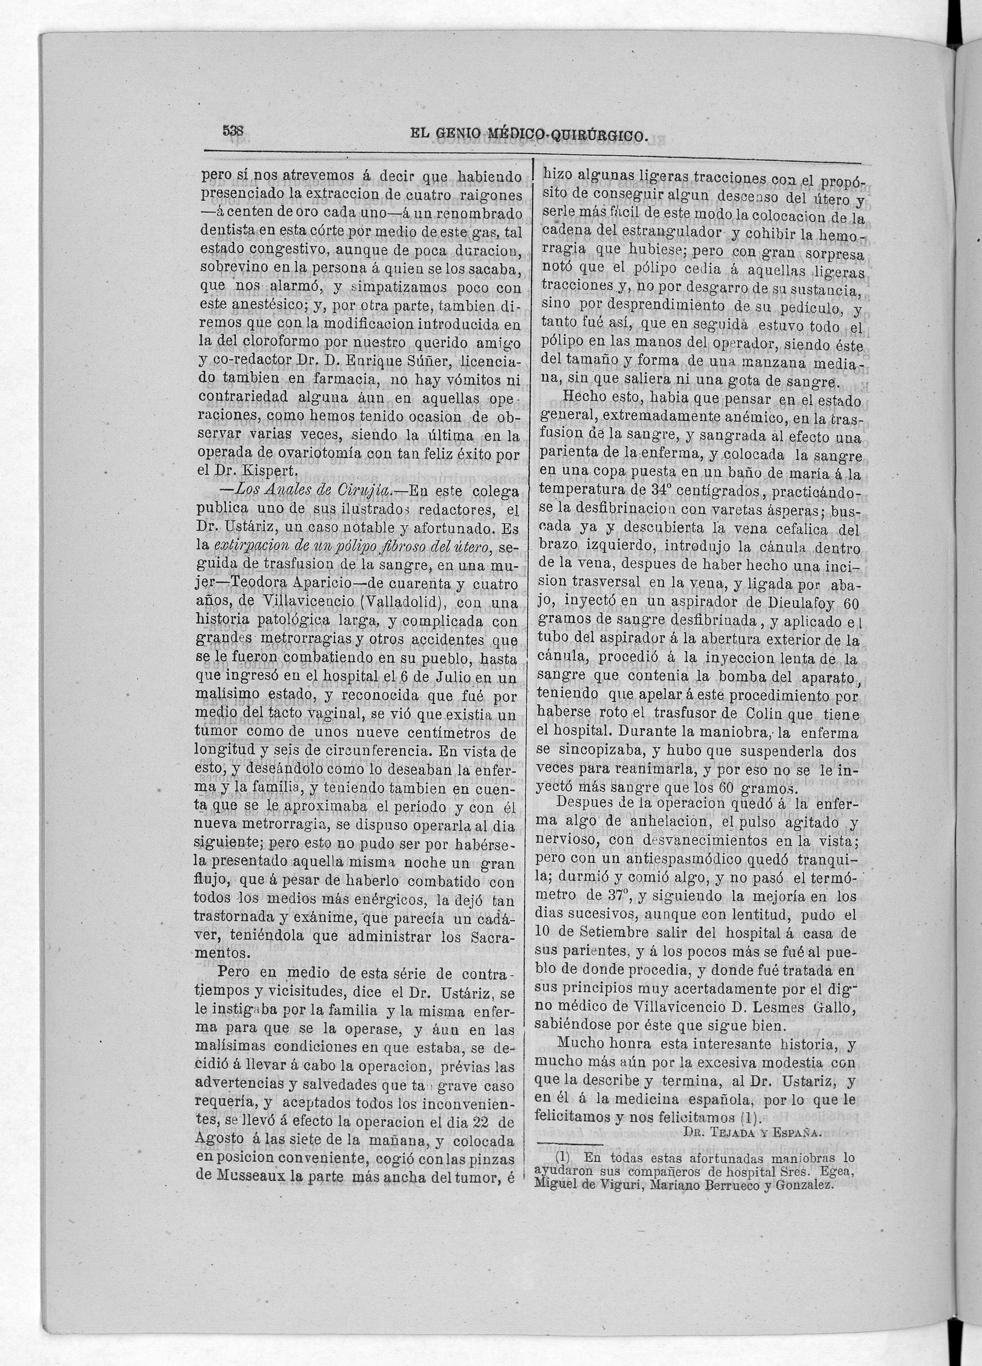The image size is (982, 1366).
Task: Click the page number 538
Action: pos(232,130)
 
